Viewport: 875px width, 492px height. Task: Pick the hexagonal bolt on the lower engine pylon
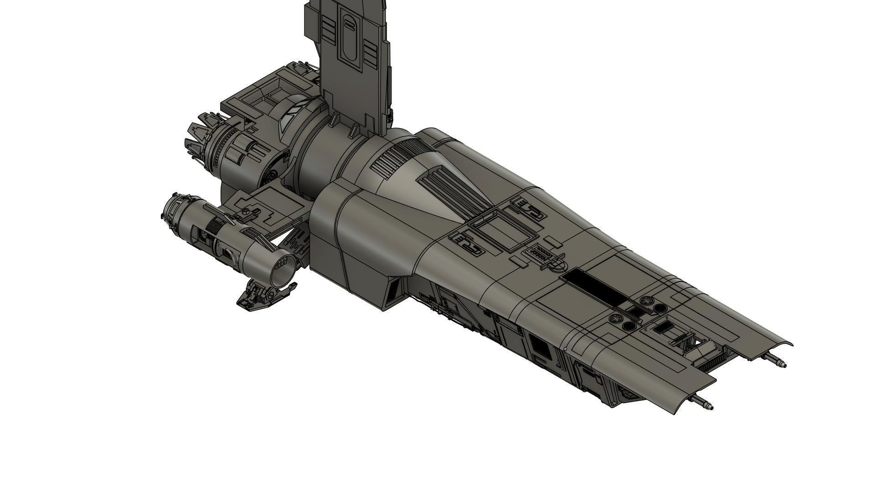(246, 211)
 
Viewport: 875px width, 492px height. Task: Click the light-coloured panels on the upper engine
(290, 116)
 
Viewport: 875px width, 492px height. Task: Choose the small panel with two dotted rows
(542, 253)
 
